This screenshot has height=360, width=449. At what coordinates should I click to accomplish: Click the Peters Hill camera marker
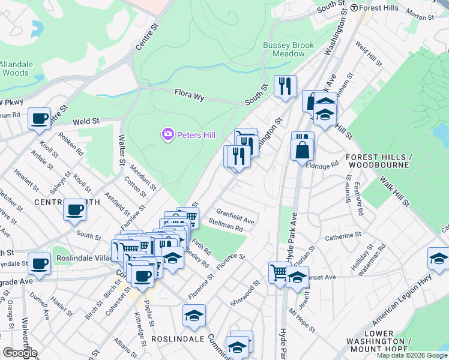pos(169,134)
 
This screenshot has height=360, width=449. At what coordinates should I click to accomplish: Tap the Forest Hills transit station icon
pos(354,8)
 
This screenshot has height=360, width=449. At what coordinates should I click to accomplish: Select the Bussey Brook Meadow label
pos(284,49)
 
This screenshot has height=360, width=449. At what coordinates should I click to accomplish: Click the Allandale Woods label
pos(14,68)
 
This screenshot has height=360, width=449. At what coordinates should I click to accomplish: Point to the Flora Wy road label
pos(190,94)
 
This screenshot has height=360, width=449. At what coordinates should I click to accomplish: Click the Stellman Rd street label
pos(226,224)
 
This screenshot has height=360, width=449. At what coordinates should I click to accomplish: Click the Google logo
pos(20,353)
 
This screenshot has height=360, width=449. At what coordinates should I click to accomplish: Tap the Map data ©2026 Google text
pos(412,355)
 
